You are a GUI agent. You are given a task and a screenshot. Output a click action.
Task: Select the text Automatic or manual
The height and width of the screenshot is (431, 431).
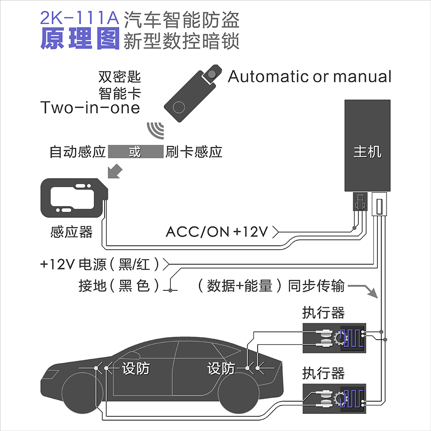tap(310, 77)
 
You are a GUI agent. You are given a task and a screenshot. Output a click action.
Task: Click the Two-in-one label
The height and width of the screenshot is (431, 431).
tap(90, 108)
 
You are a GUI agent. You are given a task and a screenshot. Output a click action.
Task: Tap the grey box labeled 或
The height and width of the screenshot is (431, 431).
tap(135, 152)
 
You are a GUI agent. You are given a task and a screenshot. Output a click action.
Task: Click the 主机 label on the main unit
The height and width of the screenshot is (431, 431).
tap(368, 152)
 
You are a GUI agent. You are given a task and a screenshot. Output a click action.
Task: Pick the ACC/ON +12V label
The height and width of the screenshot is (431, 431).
tap(217, 232)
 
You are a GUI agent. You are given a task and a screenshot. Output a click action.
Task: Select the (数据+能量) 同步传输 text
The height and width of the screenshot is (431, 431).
tap(269, 286)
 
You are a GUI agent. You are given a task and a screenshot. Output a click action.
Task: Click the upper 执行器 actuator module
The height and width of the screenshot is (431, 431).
tap(334, 338)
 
